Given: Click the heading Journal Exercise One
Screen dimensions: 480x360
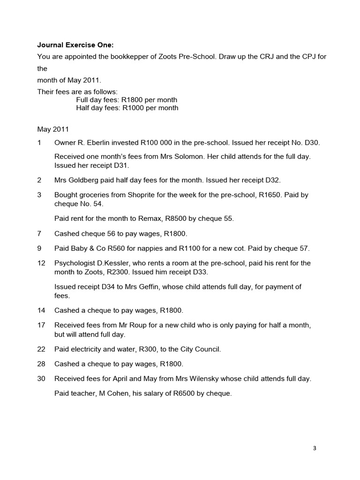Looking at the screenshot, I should coord(75,45).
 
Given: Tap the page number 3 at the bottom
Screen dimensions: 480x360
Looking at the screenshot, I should coord(315,448).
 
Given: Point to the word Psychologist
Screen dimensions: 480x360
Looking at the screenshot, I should coord(75,263).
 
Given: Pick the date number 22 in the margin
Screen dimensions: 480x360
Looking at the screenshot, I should coord(41,349).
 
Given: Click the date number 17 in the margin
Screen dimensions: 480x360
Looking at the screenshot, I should coord(41,325).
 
